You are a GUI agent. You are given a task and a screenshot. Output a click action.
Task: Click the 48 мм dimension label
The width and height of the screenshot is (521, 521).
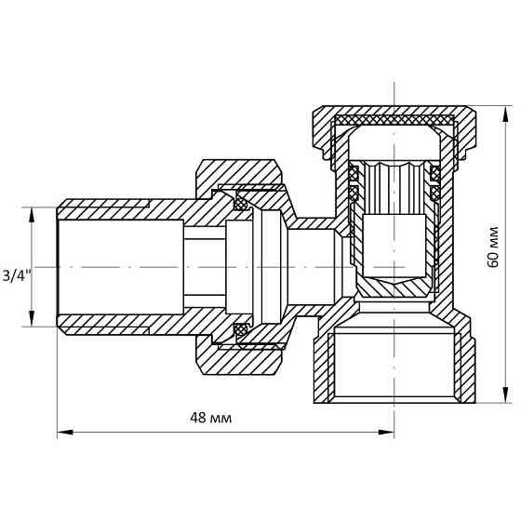[210, 418]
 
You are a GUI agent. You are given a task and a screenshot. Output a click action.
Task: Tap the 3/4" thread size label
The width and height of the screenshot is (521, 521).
[17, 275]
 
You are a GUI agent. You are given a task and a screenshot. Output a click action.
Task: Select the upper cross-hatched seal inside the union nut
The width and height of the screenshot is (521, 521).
[241, 204]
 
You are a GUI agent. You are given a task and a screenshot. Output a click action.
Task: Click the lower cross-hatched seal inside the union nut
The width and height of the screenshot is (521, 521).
[241, 329]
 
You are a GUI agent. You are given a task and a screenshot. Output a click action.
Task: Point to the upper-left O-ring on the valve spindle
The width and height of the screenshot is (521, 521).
[354, 174]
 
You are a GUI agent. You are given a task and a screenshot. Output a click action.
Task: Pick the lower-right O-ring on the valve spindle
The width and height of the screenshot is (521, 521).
[434, 194]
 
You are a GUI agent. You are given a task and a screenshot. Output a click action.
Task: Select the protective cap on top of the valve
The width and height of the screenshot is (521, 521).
[394, 120]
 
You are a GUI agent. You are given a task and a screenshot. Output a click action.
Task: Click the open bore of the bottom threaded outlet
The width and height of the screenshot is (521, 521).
[394, 365]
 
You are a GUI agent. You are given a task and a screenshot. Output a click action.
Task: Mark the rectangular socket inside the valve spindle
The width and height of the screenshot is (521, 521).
[394, 244]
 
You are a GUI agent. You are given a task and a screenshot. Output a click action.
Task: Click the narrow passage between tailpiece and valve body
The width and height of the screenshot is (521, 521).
[204, 267]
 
